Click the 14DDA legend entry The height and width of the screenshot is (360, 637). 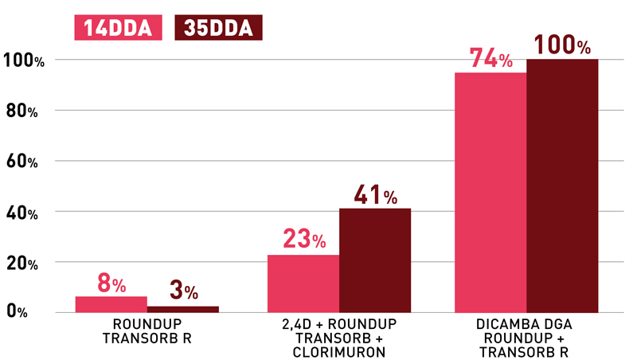118,28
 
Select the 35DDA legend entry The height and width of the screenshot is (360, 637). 217,28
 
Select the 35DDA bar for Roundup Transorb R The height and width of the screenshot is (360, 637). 183,309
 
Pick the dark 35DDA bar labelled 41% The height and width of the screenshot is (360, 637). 375,260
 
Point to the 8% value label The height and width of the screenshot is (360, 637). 111,283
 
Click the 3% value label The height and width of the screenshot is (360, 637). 183,292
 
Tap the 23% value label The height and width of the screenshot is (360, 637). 303,239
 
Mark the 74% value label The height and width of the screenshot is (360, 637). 490,59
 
